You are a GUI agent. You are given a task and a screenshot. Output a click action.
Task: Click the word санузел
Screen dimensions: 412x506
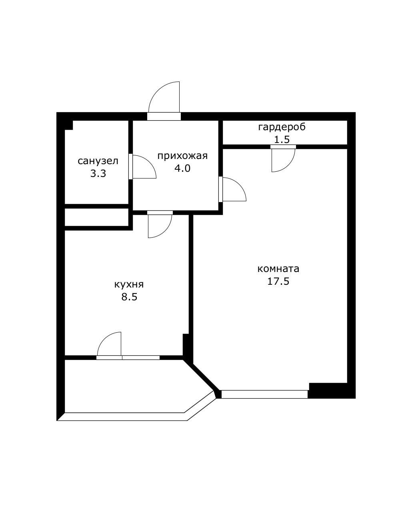pos(98,161)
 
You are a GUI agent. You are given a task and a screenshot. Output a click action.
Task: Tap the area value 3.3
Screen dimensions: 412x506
pos(98,174)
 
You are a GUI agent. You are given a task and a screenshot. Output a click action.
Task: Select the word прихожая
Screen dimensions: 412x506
pos(182,156)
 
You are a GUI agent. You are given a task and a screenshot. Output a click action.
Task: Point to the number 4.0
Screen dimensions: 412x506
pos(182,169)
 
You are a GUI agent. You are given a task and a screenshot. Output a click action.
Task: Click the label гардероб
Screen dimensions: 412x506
pos(282,127)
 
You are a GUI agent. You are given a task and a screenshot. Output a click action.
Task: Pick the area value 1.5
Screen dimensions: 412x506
pos(282,140)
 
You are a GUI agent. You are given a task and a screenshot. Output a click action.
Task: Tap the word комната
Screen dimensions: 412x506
pos(278,269)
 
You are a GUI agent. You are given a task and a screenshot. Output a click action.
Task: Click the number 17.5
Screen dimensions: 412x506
pos(278,281)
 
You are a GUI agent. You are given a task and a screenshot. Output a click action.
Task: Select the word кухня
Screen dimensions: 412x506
pos(129,284)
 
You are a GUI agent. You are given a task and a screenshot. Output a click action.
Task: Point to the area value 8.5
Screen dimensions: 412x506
pos(129,297)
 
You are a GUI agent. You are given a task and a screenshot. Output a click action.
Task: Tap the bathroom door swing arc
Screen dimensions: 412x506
pos(149,162)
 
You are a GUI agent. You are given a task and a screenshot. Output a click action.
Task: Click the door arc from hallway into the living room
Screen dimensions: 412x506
pos(239,185)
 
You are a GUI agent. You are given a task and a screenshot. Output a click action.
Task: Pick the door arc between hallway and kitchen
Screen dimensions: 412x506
pos(165,231)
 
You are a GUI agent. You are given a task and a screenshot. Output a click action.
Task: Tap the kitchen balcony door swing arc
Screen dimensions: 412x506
pos(104,339)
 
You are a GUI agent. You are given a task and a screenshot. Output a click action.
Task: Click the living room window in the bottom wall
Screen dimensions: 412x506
pos(264,394)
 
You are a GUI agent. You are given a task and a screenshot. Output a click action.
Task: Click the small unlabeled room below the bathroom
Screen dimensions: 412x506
pos(96,217)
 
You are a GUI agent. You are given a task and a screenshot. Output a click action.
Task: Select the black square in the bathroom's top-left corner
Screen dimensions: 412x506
pos(69,125)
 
